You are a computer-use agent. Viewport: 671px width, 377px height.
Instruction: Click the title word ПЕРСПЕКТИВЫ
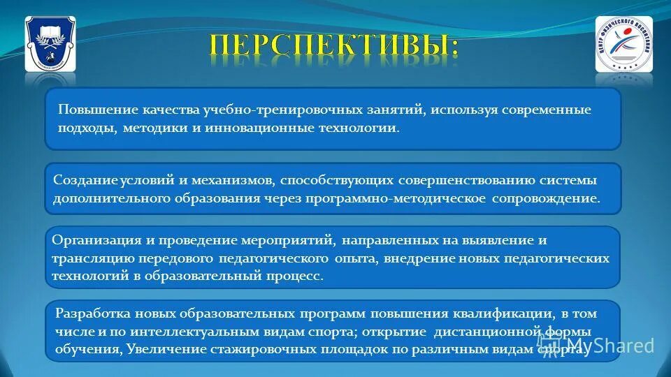click(x=334, y=46)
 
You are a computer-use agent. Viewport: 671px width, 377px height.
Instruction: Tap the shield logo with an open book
click(x=50, y=44)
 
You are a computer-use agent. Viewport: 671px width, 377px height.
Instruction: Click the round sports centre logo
click(x=623, y=44)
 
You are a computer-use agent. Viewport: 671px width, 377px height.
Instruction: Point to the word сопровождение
click(x=545, y=198)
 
